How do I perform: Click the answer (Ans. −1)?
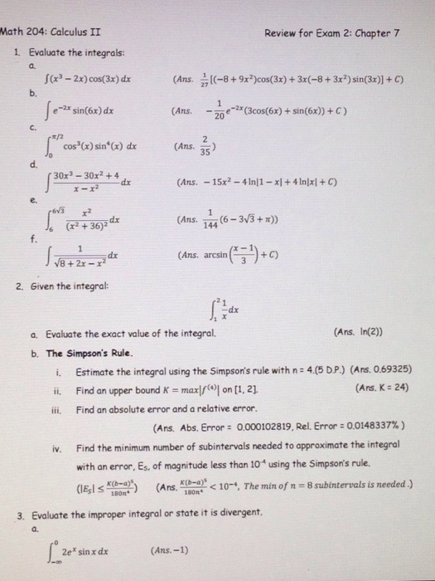coord(164,550)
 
